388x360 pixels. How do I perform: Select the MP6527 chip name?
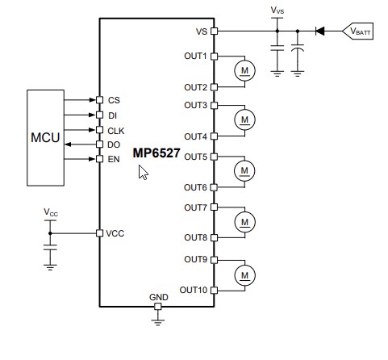[157, 153]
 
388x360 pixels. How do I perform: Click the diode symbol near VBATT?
[320, 31]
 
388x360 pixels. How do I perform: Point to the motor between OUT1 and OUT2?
[243, 72]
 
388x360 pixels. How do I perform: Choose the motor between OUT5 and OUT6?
[243, 170]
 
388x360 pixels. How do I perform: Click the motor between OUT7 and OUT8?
[243, 220]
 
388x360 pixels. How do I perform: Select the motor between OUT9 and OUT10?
[243, 275]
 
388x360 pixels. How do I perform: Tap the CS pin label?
[114, 100]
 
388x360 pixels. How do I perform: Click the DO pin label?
[114, 144]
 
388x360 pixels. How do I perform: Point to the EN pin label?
[114, 159]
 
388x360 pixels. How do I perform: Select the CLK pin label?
[116, 130]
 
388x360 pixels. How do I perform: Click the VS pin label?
[201, 31]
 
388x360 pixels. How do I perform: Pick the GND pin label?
[159, 297]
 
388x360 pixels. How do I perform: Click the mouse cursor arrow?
[143, 173]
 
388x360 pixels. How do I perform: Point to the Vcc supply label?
[51, 212]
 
